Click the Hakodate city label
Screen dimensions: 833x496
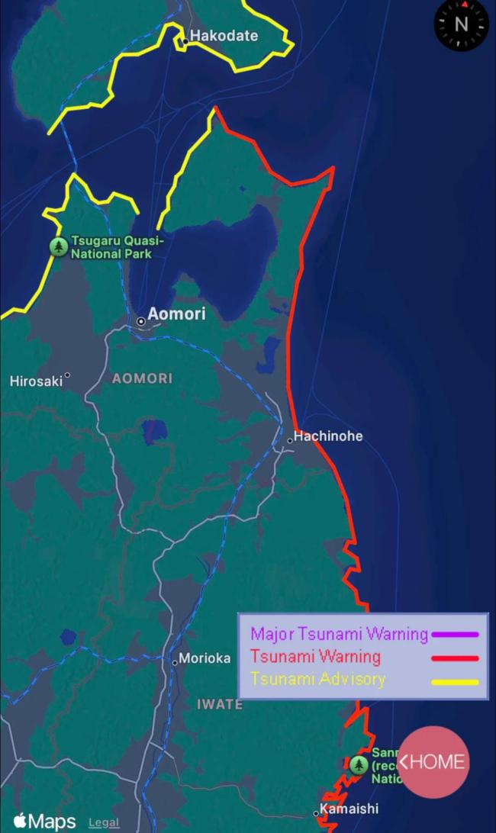coord(224,36)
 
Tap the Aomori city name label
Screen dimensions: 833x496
coord(176,314)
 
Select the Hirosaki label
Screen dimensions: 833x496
coord(36,381)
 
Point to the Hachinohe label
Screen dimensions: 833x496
coord(328,436)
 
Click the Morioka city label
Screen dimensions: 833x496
coord(205,658)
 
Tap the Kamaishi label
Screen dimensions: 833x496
coord(349,809)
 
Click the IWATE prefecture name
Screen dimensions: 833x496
coord(220,704)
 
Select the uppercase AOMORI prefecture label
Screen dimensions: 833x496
coord(142,378)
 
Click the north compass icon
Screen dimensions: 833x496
coord(461,24)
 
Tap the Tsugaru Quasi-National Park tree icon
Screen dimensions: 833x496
coord(59,246)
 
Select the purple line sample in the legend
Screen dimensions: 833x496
coord(455,634)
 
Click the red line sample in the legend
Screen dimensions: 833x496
coord(455,658)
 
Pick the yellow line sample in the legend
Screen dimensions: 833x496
coord(455,681)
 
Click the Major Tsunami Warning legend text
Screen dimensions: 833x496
coord(339,634)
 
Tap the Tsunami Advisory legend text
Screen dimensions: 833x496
coord(317,679)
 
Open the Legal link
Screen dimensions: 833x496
coord(104,822)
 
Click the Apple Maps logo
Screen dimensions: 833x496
coord(45,822)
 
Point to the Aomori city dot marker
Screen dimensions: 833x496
coord(141,321)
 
